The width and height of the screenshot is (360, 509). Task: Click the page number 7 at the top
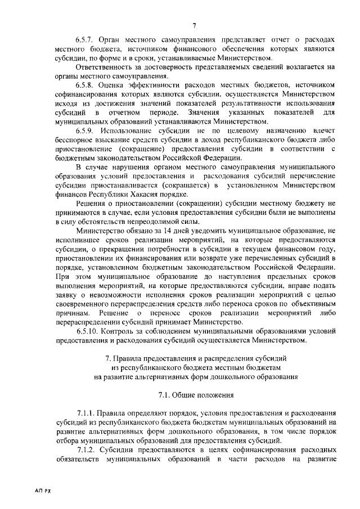(193, 24)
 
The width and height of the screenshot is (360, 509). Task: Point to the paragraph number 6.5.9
(85, 130)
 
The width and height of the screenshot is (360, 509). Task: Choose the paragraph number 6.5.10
(88, 332)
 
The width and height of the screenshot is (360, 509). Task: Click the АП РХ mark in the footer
(43, 490)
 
